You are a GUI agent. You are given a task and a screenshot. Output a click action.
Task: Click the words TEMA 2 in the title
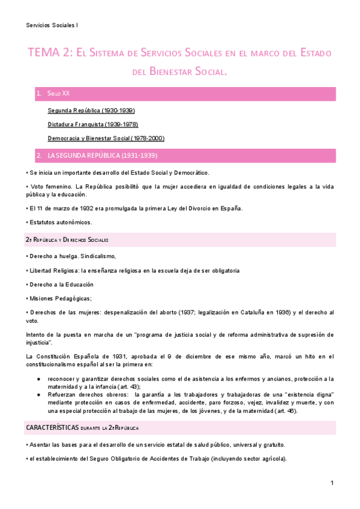click(47, 53)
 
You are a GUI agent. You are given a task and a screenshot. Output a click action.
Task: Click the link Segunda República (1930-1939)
click(91, 110)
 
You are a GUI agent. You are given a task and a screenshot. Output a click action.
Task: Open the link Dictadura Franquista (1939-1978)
click(93, 124)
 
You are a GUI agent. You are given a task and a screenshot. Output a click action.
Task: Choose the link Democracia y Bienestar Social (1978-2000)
click(106, 138)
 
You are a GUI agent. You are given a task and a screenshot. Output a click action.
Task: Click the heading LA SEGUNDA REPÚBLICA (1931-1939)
click(102, 155)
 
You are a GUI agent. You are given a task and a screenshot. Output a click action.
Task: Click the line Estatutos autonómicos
click(60, 222)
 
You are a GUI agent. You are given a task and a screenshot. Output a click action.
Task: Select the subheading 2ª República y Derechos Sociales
click(67, 240)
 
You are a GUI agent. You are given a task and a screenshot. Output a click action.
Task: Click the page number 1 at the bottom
click(331, 483)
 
